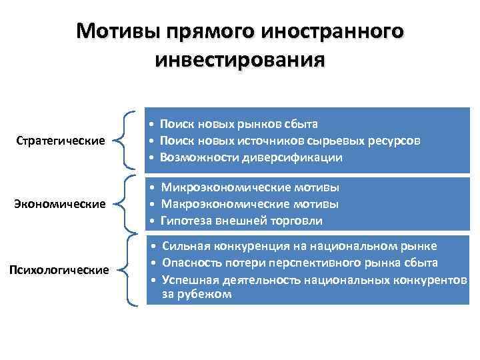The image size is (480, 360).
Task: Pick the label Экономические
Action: click(x=60, y=203)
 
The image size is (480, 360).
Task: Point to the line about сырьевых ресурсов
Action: click(x=290, y=141)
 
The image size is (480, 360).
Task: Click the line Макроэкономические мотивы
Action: click(x=250, y=203)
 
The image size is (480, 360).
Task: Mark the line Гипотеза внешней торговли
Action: click(x=241, y=221)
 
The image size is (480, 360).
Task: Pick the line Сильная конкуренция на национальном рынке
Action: click(x=299, y=245)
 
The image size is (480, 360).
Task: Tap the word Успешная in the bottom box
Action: click(x=187, y=280)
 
